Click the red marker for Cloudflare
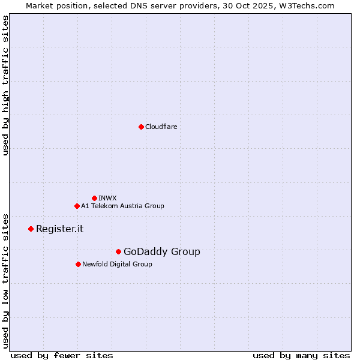pos(141,127)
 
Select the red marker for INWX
pos(94,198)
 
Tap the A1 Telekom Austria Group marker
pos(77,206)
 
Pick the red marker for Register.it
pos(31,229)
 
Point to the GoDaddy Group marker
pos(118,251)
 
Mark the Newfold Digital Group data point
pos(78,264)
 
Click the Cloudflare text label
pos(161,127)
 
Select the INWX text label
pos(107,198)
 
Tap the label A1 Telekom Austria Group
pos(122,206)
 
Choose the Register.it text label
pos(59,229)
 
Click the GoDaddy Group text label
pos(161,251)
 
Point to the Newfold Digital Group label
pos(117,264)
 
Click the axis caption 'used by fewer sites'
pos(62,355)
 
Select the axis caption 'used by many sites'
pos(301,355)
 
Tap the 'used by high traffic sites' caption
pos(5,85)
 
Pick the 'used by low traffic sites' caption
pos(5,280)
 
